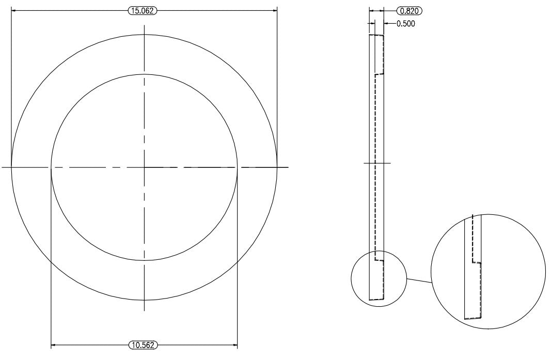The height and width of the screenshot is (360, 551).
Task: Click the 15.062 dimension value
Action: click(x=143, y=11)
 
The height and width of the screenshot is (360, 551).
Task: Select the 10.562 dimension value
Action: click(x=143, y=345)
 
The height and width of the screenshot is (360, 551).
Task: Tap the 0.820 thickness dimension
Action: click(x=410, y=11)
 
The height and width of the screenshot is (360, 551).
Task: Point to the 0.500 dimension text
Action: click(x=405, y=24)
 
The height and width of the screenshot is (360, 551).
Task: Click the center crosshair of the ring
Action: click(x=145, y=167)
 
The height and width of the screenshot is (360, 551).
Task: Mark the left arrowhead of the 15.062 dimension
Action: click(x=14, y=11)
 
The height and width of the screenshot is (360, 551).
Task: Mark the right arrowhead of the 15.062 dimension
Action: click(x=274, y=11)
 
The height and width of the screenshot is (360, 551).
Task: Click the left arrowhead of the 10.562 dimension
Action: click(x=54, y=345)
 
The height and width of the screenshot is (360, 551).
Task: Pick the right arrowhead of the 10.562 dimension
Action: click(x=235, y=345)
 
